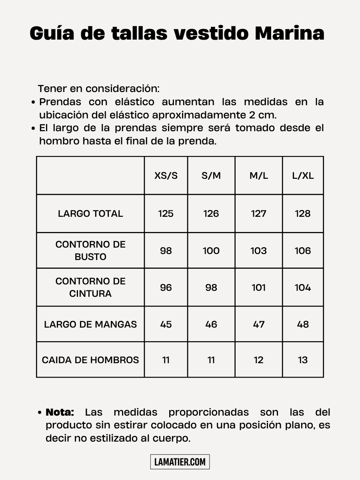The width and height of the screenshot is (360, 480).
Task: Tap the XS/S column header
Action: pos(166,176)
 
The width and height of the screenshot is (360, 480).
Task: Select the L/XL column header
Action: pos(303,176)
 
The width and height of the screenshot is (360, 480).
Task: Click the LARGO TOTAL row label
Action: pos(90,214)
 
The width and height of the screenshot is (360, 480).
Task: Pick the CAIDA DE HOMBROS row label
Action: pos(90,360)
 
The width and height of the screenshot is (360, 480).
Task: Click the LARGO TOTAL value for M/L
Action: pos(259,214)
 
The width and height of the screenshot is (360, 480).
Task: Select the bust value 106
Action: pos(303,251)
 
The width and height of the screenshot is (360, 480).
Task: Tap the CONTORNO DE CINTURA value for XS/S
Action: pos(166,288)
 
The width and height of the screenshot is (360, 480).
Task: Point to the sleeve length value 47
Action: pos(259,324)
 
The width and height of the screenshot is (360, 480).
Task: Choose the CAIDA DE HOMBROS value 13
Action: pos(303,360)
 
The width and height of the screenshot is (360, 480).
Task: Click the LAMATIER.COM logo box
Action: pos(180,462)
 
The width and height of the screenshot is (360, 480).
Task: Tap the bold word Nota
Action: pos(60,412)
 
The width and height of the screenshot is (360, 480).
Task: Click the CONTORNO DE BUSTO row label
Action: pos(90,250)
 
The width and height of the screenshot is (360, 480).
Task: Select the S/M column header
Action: pos(211,176)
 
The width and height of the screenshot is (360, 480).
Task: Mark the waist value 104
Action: pos(303,288)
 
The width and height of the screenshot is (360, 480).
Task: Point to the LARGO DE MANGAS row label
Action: pos(90,324)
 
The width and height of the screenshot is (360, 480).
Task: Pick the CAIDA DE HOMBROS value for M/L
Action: pos(259,360)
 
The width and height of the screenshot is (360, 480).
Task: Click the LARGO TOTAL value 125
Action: pos(166,214)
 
